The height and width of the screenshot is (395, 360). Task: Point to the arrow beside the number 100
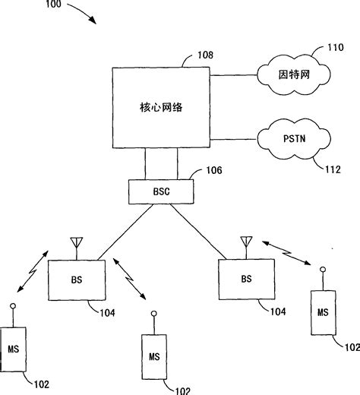point(81,15)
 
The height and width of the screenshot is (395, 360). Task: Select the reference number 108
point(205,55)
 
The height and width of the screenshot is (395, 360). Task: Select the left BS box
point(75,280)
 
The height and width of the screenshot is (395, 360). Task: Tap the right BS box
point(245,279)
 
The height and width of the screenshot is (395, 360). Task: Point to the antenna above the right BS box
point(245,244)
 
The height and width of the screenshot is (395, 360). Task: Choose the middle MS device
point(154,355)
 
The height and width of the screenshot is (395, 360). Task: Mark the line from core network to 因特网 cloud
point(234,76)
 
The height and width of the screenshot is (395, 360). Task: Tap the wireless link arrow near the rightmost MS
point(286,251)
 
